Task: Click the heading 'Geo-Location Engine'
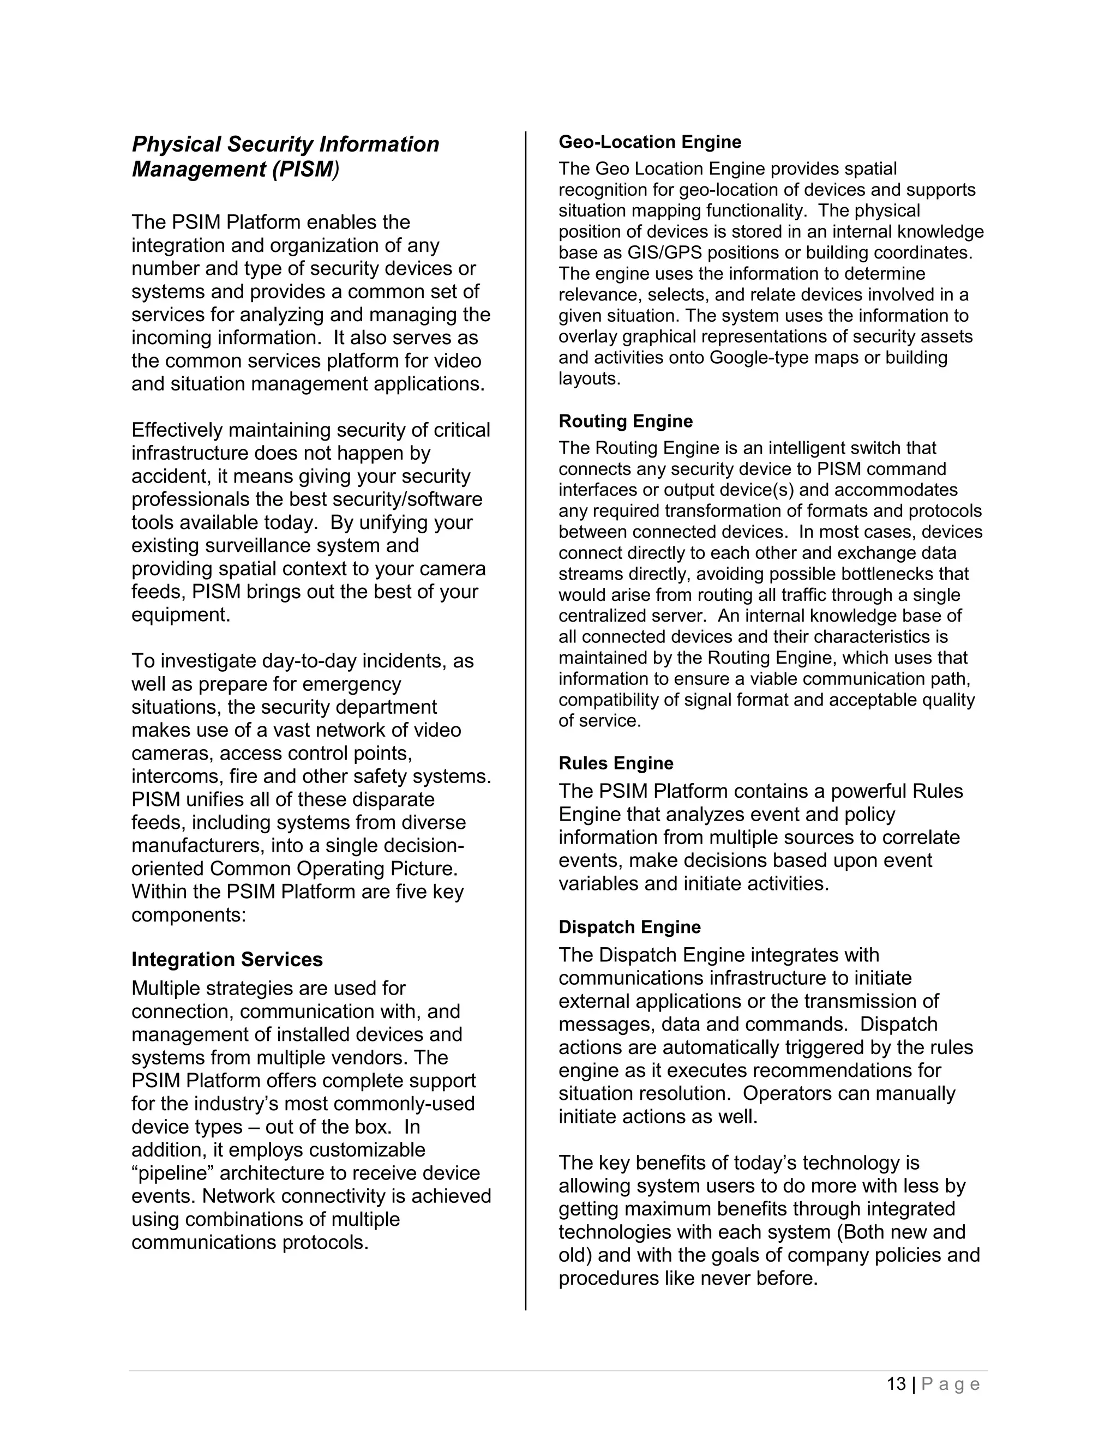click(649, 142)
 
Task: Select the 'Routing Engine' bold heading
click(626, 422)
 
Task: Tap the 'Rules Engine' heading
click(615, 763)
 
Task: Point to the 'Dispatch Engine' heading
click(629, 928)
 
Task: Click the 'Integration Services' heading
click(227, 960)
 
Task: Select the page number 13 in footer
click(896, 1384)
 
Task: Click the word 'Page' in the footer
click(950, 1384)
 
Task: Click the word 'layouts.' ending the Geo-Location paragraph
click(590, 379)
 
